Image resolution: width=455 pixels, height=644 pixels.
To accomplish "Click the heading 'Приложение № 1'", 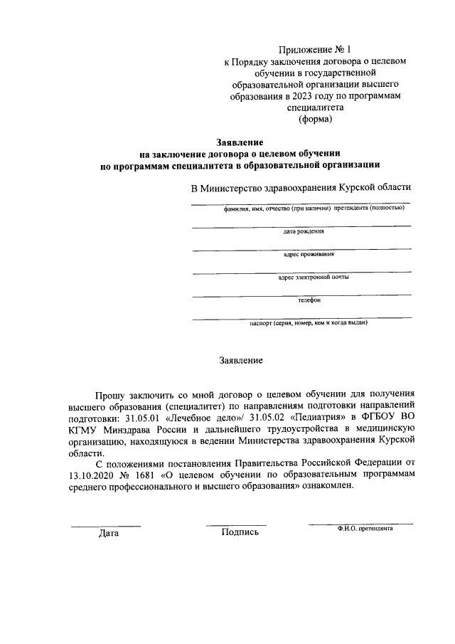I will [314, 50].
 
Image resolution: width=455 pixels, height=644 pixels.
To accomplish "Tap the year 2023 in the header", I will [297, 97].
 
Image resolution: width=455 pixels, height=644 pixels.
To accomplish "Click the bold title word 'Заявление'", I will [240, 142].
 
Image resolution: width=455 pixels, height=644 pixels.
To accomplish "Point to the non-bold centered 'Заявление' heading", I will [240, 360].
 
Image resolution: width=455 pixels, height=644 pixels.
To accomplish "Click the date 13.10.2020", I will [92, 475].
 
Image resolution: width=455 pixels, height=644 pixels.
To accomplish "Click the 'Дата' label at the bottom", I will [109, 532].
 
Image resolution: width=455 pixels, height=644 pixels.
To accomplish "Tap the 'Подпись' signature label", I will [240, 532].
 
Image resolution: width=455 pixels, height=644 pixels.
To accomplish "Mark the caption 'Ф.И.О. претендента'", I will [365, 529].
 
